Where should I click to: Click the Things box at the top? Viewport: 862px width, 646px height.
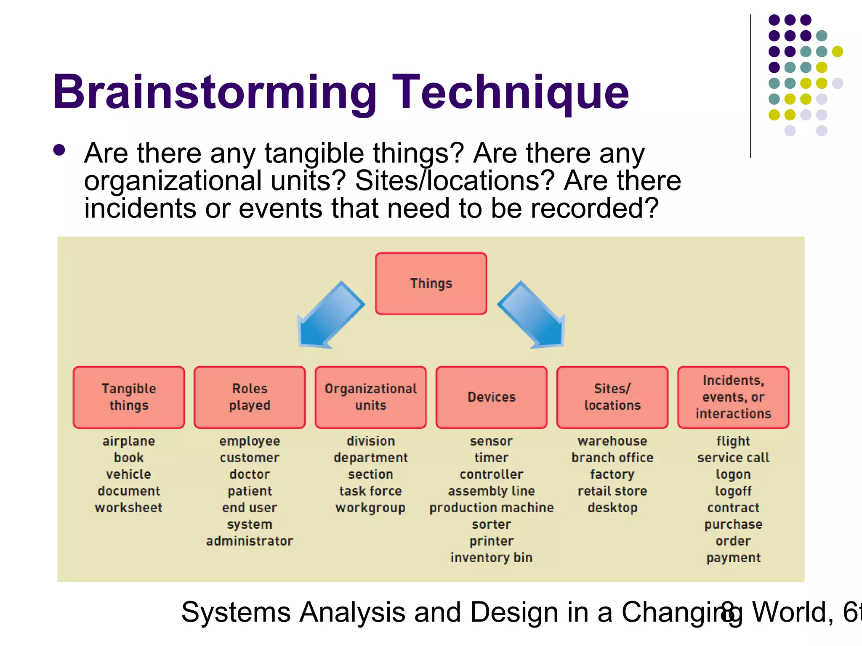point(431,283)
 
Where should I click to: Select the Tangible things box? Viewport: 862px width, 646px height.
point(129,397)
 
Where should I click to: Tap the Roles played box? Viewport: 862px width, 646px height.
point(250,397)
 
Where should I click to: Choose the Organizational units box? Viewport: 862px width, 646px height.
point(370,397)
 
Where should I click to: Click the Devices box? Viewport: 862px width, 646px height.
point(491,397)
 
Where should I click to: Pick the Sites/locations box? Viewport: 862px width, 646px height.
point(612,397)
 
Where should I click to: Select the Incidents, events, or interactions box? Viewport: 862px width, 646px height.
point(733,397)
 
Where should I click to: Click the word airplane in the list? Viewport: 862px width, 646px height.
point(129,441)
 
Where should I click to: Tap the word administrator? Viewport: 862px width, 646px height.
point(250,541)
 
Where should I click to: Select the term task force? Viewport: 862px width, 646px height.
point(370,491)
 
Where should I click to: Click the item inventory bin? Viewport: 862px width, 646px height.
point(491,558)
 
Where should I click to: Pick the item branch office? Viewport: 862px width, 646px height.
point(612,458)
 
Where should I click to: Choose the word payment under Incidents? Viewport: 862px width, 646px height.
point(733,558)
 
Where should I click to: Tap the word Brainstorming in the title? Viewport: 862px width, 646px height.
point(215,93)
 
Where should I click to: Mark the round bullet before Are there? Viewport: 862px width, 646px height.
point(59,151)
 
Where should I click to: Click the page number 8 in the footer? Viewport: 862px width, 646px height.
point(727,612)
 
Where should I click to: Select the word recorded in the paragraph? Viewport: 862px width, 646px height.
point(587,208)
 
